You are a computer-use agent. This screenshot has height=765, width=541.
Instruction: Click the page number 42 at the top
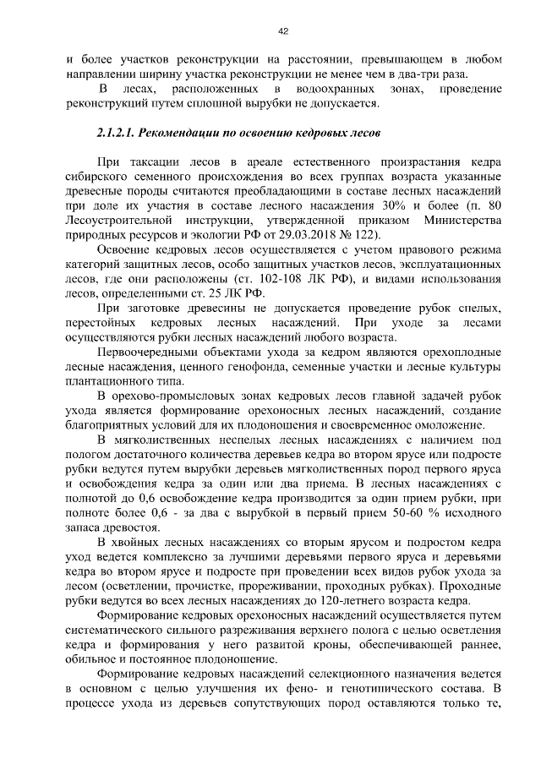[x=283, y=31]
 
